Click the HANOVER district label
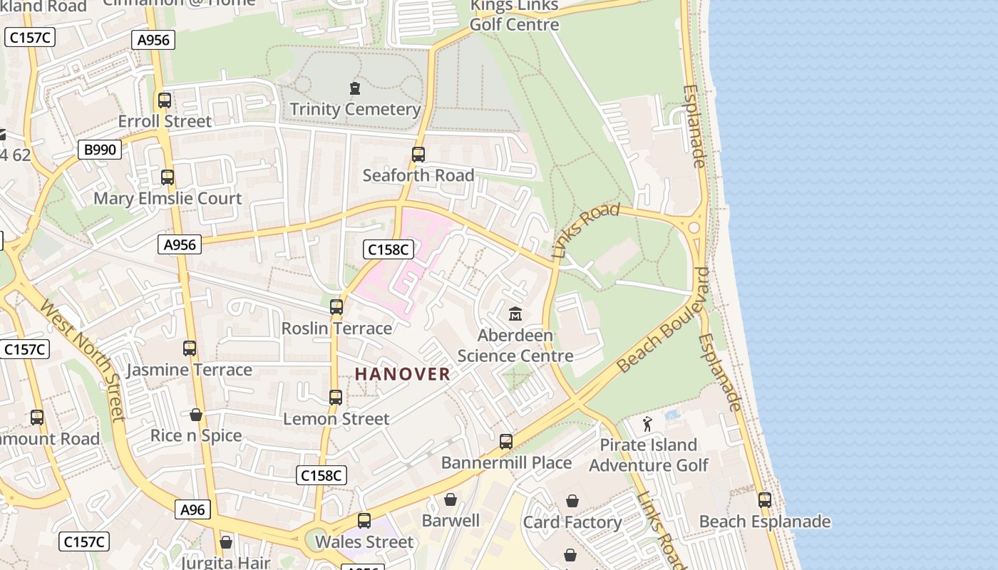coord(402,374)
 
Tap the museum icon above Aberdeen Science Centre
coord(515,313)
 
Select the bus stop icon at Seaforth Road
coord(418,155)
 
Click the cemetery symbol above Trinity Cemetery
coord(354,88)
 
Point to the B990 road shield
coord(100,150)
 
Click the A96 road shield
coord(192,509)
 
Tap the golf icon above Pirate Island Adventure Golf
coord(647,424)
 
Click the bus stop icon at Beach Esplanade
coord(765,500)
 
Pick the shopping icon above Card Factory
coord(572,502)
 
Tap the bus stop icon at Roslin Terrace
coord(336,307)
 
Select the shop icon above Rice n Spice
coord(195,415)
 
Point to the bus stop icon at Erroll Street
coord(165,100)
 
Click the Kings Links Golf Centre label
coord(514,16)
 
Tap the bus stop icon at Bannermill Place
coord(506,442)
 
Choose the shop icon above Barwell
coord(450,499)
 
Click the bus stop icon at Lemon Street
coord(336,398)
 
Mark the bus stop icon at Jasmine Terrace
coord(189,348)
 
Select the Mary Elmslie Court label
coord(168,198)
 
